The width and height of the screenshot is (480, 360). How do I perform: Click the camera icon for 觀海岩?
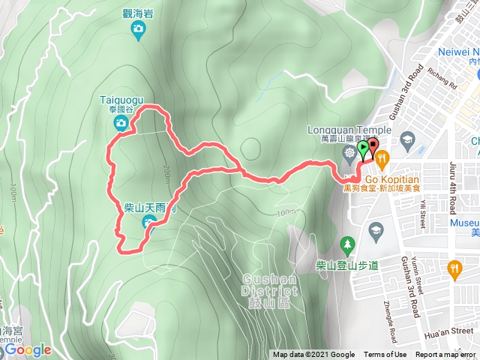[138, 30]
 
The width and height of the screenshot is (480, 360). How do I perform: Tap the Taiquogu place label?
[116, 98]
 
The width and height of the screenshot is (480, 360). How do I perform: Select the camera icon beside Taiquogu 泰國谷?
[121, 122]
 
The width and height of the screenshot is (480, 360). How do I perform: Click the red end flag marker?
[373, 147]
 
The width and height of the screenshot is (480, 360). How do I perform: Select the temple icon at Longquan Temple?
[349, 154]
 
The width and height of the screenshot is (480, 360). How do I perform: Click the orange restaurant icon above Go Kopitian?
[382, 157]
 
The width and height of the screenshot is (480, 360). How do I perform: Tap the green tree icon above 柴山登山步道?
[346, 244]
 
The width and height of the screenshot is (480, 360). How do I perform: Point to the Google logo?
[28, 349]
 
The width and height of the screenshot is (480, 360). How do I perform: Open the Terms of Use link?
[385, 355]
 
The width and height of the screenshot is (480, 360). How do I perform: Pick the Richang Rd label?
[441, 80]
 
